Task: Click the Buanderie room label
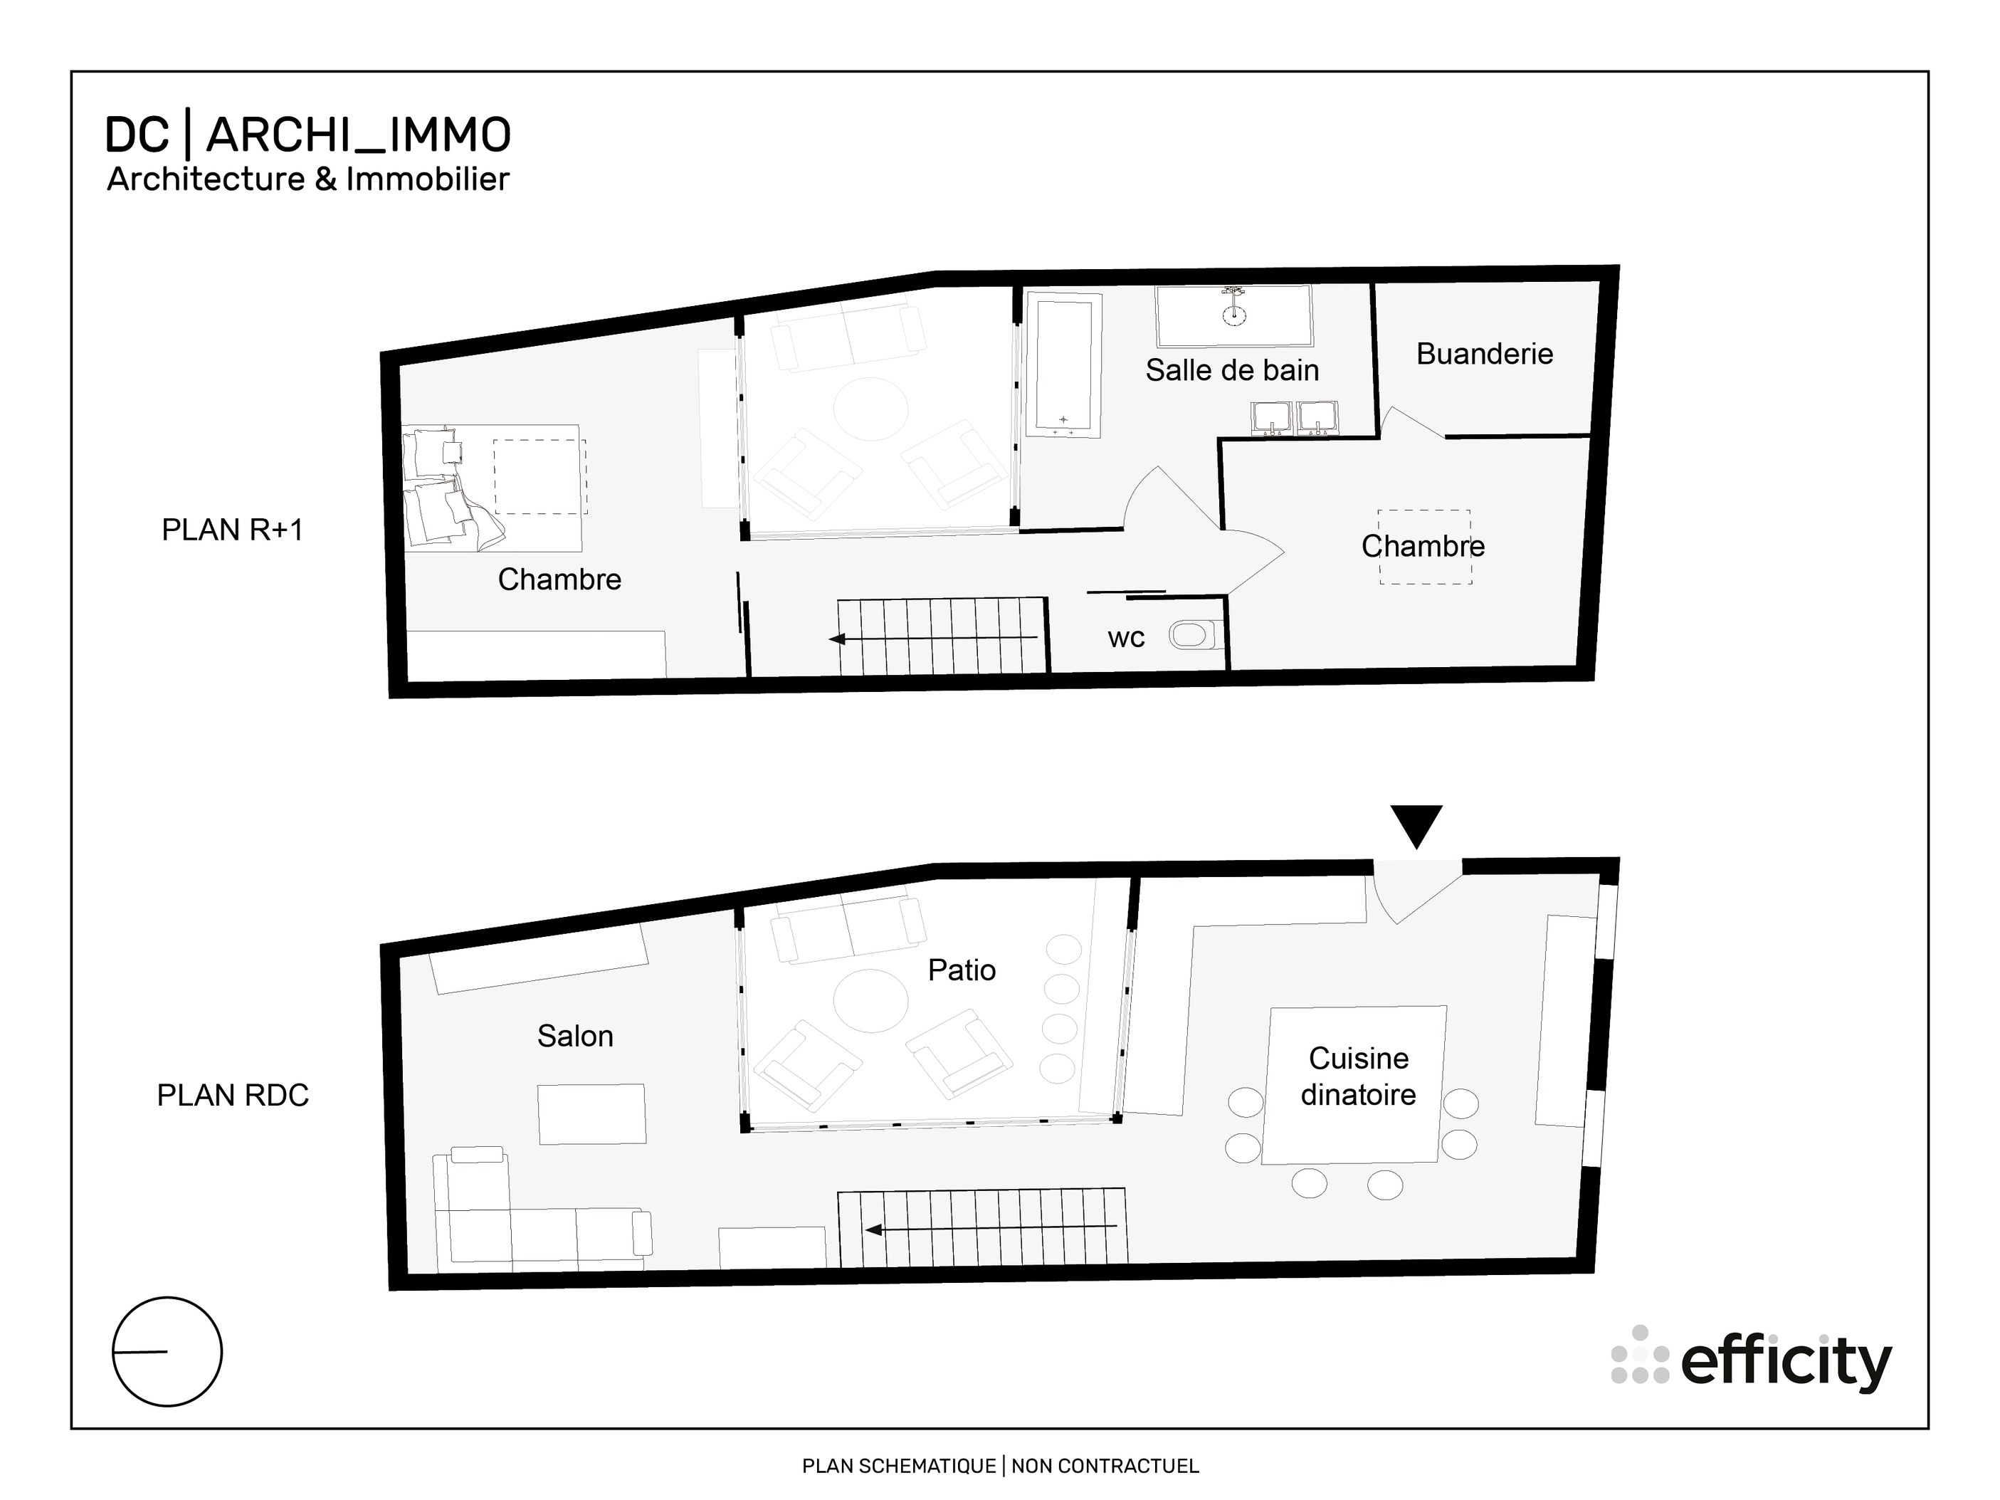[1484, 354]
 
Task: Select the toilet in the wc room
[1191, 635]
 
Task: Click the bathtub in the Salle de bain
[1063, 366]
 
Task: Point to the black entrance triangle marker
[1416, 824]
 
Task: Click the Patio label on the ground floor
[961, 970]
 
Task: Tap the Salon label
[575, 1035]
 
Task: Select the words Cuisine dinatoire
[1358, 1076]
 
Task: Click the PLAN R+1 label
[232, 530]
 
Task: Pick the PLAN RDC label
[232, 1095]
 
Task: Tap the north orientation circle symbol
[167, 1352]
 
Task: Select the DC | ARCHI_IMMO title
[307, 136]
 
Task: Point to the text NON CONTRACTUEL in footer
[1105, 1466]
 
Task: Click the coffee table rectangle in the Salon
[592, 1114]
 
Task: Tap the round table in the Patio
[870, 1001]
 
